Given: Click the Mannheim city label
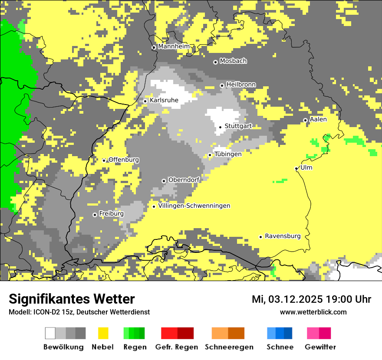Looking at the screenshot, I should (x=174, y=46).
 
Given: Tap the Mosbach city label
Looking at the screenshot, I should (x=233, y=61).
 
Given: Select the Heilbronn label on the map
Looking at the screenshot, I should (x=241, y=85).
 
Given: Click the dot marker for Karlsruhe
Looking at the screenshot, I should (x=145, y=101).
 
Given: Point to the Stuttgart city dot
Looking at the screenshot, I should (x=221, y=127).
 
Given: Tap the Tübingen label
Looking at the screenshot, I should (x=228, y=154).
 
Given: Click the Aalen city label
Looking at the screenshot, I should (x=318, y=119).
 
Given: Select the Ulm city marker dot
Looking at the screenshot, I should (x=296, y=169).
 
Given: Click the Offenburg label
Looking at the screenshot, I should (x=124, y=160).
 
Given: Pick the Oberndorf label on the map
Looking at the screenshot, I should (x=184, y=180).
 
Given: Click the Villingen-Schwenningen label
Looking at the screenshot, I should (x=194, y=206).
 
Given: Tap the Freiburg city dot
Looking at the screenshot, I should (x=95, y=215).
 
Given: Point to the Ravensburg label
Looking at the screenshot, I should (x=283, y=236).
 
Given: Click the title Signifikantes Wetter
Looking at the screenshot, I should (x=72, y=299).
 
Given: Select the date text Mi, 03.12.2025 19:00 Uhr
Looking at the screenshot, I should (x=311, y=299).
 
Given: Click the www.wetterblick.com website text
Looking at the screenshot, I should (x=313, y=312).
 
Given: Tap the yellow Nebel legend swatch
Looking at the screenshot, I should (x=103, y=333).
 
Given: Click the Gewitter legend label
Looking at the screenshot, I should (x=320, y=347).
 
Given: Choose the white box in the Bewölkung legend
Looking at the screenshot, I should (x=50, y=333).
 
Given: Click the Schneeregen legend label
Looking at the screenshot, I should (x=229, y=347).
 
